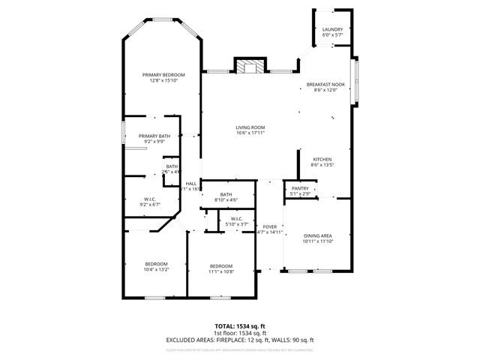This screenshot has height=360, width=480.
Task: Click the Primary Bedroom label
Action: coord(163,75)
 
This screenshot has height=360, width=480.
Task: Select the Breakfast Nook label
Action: coord(325,85)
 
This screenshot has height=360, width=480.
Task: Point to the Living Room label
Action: coord(250,127)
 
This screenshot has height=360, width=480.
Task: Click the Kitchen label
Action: coord(322,159)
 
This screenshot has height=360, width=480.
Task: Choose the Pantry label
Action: coord(300,188)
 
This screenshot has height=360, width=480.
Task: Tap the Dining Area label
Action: coord(317,236)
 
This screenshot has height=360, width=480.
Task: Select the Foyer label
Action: coord(268,226)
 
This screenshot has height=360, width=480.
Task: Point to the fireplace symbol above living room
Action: coord(250,67)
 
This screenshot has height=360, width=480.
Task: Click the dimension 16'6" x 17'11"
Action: coord(250,133)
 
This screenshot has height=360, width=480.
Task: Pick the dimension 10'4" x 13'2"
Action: coord(156,269)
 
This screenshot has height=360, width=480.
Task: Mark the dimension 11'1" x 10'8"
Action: coord(221,271)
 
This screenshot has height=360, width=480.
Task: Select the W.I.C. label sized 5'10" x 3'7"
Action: coord(235,219)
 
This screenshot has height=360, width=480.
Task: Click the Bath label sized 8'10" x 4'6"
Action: coord(226,194)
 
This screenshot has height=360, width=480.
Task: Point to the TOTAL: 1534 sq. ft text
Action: coord(240,327)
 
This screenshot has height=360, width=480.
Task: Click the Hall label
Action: coord(191,184)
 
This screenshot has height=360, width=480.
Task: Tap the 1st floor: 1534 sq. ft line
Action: coord(240,333)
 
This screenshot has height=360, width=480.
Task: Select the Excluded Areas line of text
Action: coord(240,340)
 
